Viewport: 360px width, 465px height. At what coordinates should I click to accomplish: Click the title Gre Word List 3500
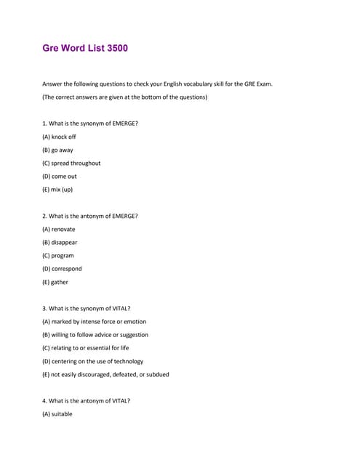tap(86, 49)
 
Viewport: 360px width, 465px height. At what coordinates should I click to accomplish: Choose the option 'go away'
tap(58, 150)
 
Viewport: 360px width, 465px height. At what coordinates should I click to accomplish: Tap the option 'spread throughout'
tap(71, 163)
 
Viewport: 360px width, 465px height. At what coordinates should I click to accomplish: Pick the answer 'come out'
tap(60, 176)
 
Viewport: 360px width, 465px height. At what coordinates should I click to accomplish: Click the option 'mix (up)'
tap(57, 190)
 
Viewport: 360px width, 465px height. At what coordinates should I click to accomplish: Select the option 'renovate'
tap(59, 229)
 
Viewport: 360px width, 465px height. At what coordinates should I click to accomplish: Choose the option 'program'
tap(58, 256)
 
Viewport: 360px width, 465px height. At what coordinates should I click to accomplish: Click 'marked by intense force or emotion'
tap(94, 321)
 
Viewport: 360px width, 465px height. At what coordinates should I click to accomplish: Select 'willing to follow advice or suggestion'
tap(95, 335)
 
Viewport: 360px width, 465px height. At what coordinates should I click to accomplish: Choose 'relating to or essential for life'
tap(87, 348)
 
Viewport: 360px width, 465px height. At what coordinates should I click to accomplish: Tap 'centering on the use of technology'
tap(92, 361)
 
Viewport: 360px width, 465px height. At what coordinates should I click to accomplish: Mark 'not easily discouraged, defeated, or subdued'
tap(105, 374)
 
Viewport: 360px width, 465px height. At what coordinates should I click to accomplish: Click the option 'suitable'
tap(57, 414)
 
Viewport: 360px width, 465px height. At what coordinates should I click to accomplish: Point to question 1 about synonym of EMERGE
tap(90, 124)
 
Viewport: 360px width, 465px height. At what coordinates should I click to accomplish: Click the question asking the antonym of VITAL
tap(87, 400)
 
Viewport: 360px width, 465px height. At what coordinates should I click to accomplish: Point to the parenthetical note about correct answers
tap(124, 97)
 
